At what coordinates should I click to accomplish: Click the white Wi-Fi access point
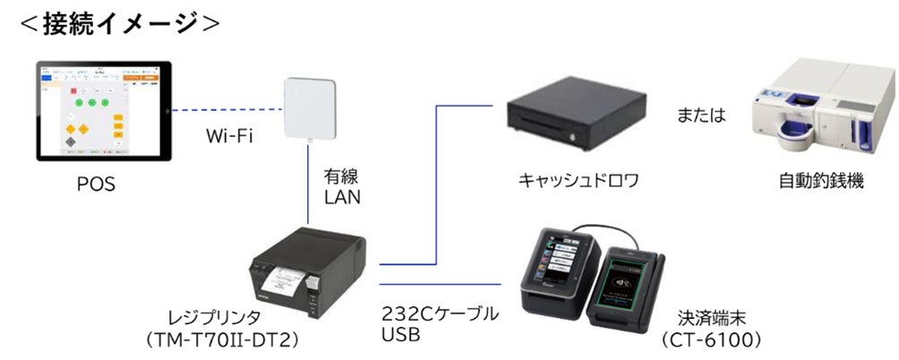pos(310,109)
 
